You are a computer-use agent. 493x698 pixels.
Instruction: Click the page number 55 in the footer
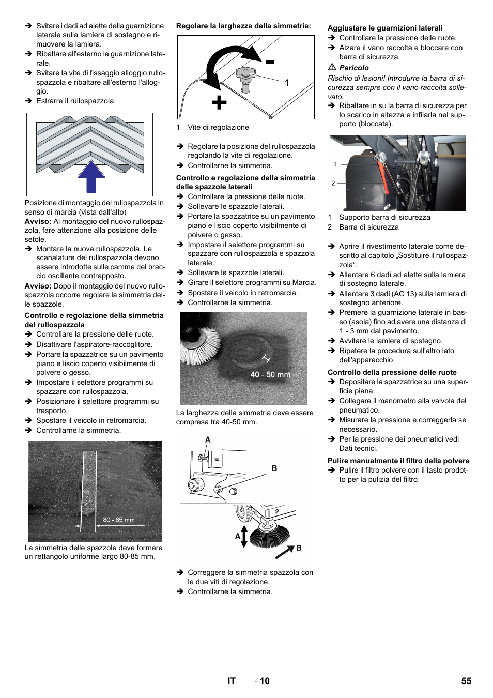466,681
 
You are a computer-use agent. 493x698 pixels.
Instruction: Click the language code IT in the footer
232,681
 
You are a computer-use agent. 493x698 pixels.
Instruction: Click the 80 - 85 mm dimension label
118,520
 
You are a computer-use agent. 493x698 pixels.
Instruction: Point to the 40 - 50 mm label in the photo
270,374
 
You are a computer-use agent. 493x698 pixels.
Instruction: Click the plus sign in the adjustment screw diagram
219,102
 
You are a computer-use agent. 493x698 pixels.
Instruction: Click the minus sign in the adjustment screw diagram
270,62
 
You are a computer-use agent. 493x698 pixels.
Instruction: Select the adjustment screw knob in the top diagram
245,73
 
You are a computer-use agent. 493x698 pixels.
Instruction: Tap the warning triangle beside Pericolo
332,67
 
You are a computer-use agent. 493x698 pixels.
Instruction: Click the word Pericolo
354,68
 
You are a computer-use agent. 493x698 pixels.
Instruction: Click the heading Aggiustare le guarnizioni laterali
385,28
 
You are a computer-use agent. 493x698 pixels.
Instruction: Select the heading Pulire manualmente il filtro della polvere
398,461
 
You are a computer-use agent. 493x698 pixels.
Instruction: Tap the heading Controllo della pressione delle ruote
392,372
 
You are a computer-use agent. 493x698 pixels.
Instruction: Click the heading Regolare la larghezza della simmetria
243,26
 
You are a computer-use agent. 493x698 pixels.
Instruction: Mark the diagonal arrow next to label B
284,552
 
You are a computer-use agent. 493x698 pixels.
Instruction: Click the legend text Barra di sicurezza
368,227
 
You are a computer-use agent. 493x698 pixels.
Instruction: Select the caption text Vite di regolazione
218,127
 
